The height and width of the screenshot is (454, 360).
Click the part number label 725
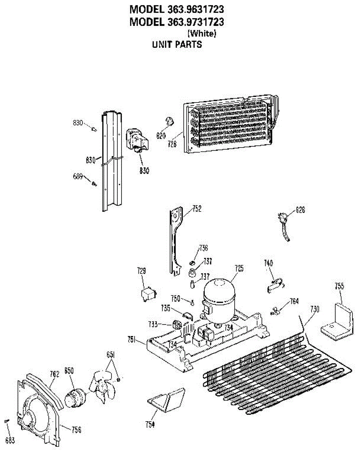coord(239,269)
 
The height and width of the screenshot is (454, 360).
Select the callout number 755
coord(339,286)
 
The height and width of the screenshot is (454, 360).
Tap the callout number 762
coord(55,374)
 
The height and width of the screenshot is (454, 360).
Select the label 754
coord(150,424)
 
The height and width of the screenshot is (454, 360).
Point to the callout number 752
coord(197,208)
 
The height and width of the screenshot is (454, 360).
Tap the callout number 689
coord(78,176)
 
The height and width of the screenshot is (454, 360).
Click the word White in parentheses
coord(202,33)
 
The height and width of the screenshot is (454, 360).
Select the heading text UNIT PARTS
coord(177,44)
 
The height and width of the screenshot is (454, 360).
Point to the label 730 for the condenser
coord(315,309)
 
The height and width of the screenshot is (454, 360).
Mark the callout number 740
coord(269,263)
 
